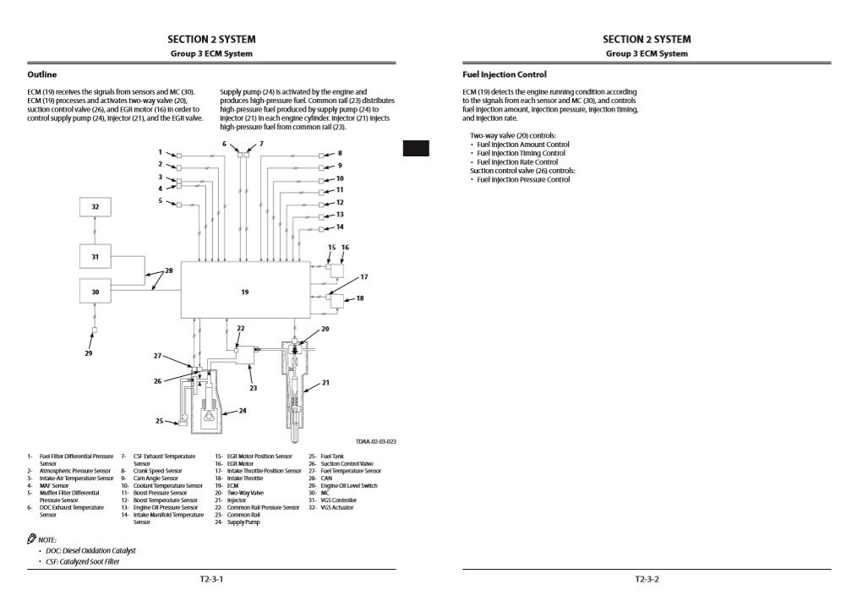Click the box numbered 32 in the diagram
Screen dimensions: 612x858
[95, 207]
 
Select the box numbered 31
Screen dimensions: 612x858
[95, 256]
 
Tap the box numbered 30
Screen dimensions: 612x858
[95, 291]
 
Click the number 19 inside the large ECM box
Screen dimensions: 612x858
[244, 292]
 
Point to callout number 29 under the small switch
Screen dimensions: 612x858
[89, 353]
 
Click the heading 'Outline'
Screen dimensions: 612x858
[42, 74]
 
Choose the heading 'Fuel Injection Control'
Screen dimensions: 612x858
[505, 74]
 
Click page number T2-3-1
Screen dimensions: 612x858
[211, 580]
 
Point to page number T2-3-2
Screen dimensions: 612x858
[647, 580]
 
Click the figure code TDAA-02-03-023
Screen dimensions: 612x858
[376, 442]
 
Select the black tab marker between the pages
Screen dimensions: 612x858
[415, 148]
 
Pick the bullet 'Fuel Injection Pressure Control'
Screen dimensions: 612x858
[523, 179]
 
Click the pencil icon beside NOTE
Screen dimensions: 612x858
[32, 538]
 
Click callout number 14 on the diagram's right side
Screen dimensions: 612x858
[340, 227]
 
